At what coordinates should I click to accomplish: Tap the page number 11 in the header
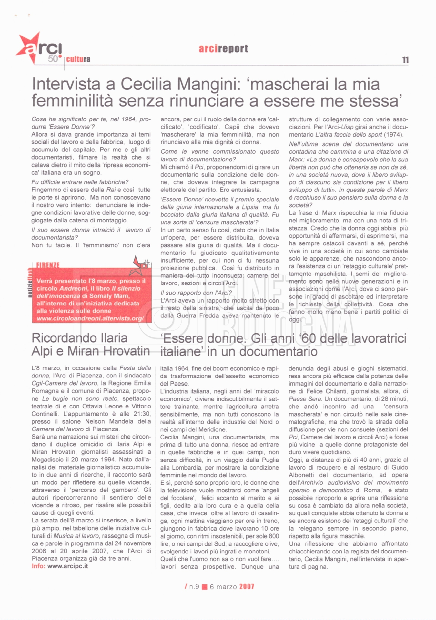pyautogui.click(x=405, y=60)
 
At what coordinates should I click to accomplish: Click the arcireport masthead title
pyautogui.click(x=223, y=48)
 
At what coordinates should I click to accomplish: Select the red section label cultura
pyautogui.click(x=78, y=59)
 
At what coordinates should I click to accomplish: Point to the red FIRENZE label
pyautogui.click(x=48, y=265)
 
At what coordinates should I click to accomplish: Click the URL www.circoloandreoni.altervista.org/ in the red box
pyautogui.click(x=90, y=318)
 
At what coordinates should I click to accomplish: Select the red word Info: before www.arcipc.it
pyautogui.click(x=38, y=566)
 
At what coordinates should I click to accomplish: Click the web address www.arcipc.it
pyautogui.click(x=68, y=566)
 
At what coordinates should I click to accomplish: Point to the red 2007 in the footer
pyautogui.click(x=247, y=587)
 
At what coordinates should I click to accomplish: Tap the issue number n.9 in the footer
pyautogui.click(x=194, y=587)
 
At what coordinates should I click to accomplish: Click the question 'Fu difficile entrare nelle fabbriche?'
pyautogui.click(x=80, y=182)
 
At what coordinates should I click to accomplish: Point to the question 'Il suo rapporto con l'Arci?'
pyautogui.click(x=196, y=293)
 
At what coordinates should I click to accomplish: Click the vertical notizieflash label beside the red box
pyautogui.click(x=30, y=283)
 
